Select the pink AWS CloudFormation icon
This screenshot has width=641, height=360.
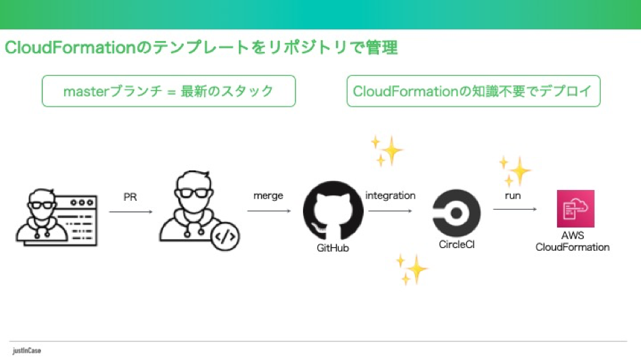tap(575, 208)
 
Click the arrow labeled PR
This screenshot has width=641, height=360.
tap(130, 212)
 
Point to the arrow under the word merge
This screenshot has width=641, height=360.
tap(269, 210)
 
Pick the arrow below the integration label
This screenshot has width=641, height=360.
tap(390, 211)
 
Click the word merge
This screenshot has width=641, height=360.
tap(268, 196)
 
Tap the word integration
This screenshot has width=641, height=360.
tap(390, 195)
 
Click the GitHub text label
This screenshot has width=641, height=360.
tap(332, 248)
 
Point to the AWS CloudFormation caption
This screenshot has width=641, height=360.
tap(572, 241)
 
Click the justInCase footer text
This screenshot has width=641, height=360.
tap(27, 350)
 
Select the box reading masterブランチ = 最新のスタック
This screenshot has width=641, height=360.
tap(169, 91)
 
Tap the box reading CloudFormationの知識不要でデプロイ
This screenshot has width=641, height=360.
tap(473, 91)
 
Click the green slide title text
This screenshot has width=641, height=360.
tap(201, 48)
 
